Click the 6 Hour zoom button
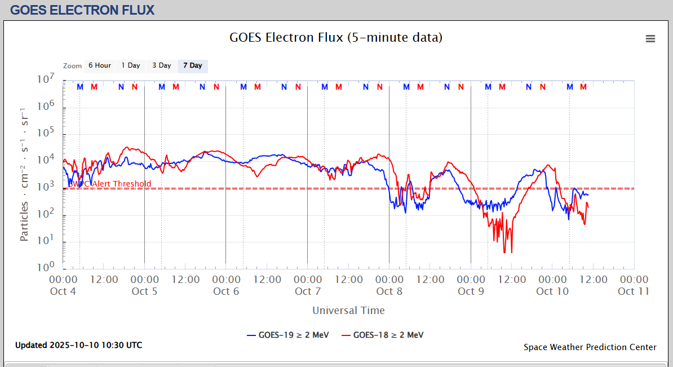[99, 65]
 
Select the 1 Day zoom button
[131, 65]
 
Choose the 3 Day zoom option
[162, 65]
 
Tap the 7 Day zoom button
[193, 65]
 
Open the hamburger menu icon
[650, 38]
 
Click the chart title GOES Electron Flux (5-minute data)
[336, 38]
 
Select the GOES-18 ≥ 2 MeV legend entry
[382, 335]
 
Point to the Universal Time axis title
[348, 310]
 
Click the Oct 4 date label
[63, 291]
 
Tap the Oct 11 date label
[634, 291]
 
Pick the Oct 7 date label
[307, 291]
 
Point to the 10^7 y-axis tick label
[46, 81]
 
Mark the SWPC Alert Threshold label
[110, 184]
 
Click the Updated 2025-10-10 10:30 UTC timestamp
[79, 344]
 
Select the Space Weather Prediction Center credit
[590, 347]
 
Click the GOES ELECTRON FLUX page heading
[82, 10]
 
